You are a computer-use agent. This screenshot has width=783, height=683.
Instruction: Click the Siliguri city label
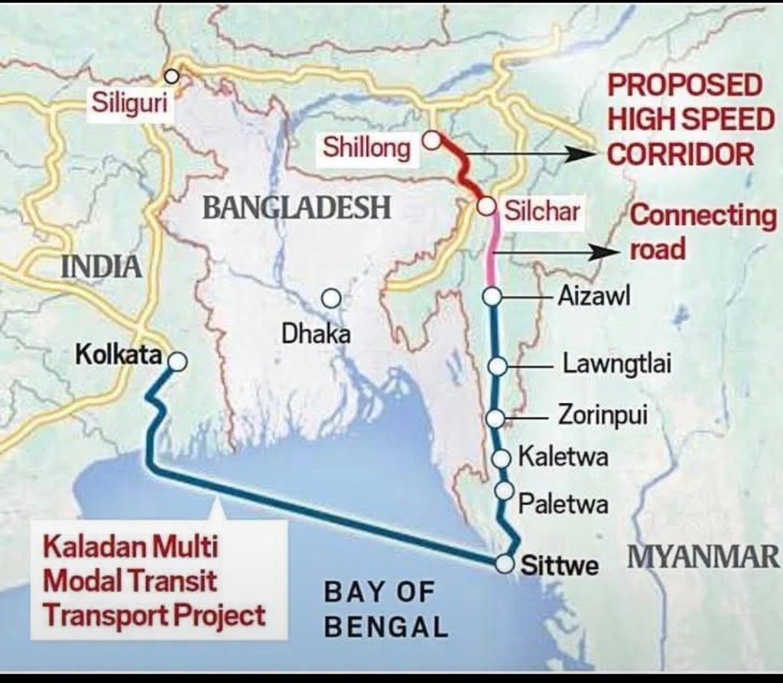(128, 102)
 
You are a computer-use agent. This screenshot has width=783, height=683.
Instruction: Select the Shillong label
(366, 148)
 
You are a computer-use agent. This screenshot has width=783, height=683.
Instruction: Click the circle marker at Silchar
(486, 205)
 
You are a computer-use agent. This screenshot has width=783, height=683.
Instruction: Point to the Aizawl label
(593, 296)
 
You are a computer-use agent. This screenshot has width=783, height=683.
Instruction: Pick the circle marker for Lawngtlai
(497, 367)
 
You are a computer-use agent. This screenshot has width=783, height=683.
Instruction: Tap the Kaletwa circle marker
(502, 458)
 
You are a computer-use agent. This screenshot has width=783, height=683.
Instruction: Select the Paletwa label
(564, 504)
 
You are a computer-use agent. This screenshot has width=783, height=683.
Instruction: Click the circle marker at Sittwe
(504, 564)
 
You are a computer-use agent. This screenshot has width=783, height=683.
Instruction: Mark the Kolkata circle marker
(177, 362)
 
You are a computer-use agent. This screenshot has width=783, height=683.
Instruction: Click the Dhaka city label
(317, 333)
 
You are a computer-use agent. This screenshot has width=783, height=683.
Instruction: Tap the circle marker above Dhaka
(330, 298)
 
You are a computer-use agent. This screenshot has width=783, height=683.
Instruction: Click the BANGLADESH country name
(297, 207)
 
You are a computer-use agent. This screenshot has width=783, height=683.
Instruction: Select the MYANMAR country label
(703, 557)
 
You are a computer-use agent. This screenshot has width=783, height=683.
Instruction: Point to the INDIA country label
(101, 266)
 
